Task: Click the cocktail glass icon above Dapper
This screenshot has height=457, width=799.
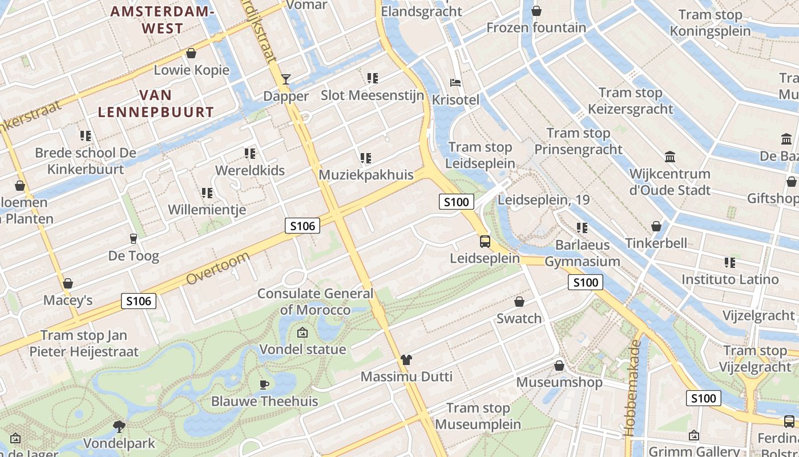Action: [x=286, y=79]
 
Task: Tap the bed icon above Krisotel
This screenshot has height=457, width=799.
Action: [x=455, y=82]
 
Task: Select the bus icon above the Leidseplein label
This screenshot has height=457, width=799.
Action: [x=485, y=241]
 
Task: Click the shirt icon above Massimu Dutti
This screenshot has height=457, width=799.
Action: [x=406, y=359]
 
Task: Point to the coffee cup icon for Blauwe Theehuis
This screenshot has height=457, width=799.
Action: [x=264, y=384]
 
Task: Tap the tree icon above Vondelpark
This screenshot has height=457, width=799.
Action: [x=119, y=426]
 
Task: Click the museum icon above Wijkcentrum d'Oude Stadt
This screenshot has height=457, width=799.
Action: [x=670, y=157]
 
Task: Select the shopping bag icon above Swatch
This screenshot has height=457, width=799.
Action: [x=519, y=301]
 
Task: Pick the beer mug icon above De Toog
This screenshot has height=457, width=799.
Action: [x=134, y=238]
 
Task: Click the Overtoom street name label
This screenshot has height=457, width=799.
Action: [x=218, y=270]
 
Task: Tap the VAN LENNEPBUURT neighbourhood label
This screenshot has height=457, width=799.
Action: [x=156, y=103]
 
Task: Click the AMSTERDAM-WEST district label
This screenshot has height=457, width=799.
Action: [x=163, y=20]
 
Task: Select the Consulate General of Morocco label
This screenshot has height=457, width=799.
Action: [x=315, y=302]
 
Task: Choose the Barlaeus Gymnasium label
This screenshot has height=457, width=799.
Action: [x=582, y=253]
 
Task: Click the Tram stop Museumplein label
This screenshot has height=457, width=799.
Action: [x=478, y=416]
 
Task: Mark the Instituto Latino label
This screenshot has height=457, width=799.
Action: [x=730, y=279]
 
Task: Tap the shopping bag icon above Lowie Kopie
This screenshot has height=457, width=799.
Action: [x=191, y=53]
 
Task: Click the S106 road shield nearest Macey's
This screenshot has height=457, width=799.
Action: [x=139, y=300]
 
